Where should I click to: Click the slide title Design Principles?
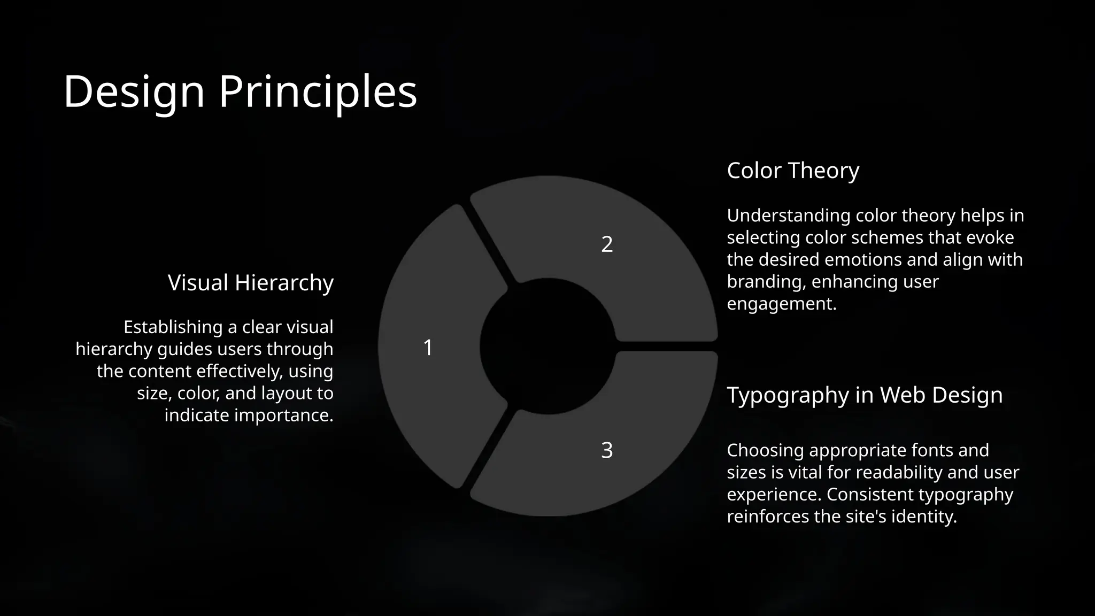coord(240,91)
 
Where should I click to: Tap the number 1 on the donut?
coord(428,348)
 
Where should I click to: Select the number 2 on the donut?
coord(607,244)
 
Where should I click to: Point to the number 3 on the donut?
coord(607,450)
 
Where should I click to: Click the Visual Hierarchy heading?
coord(250,282)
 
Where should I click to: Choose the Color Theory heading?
coord(793,171)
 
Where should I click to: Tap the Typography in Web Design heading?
coord(865,395)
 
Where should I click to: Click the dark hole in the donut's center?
coord(547,346)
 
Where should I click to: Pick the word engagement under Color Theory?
coord(781,304)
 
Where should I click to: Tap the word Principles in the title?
coord(318,91)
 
